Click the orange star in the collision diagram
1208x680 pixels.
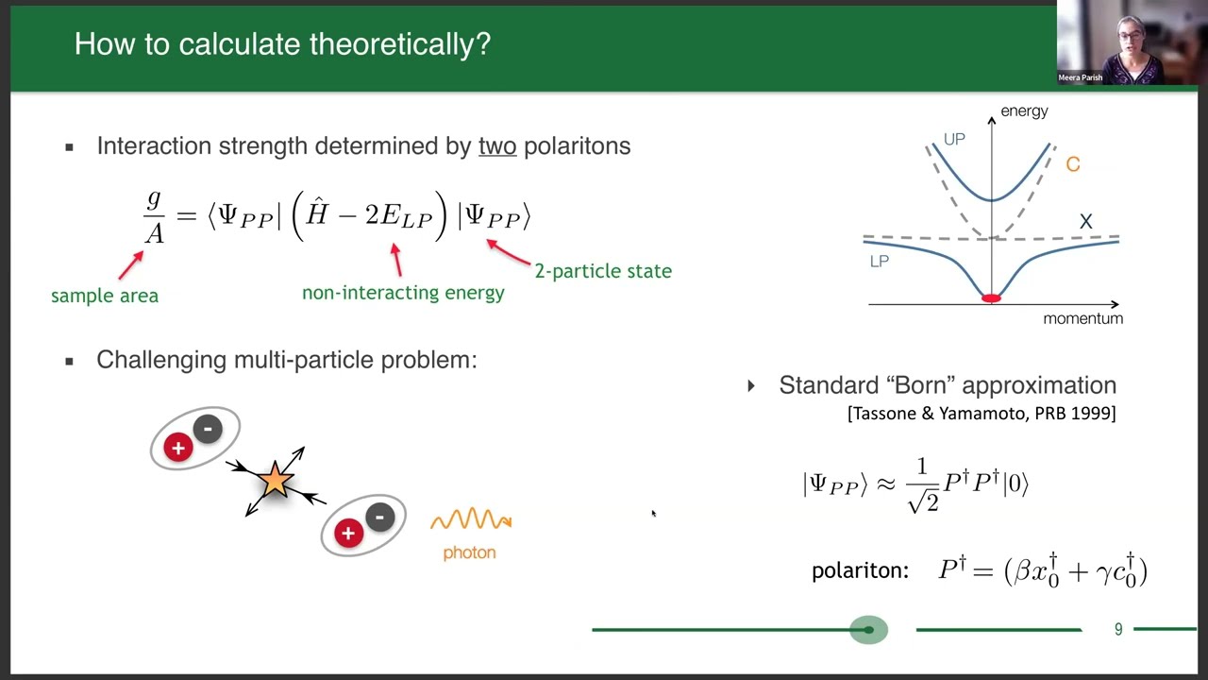pyautogui.click(x=275, y=481)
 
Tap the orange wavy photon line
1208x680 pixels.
pyautogui.click(x=471, y=519)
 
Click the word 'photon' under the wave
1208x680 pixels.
pyautogui.click(x=469, y=552)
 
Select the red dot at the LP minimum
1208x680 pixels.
pyautogui.click(x=991, y=298)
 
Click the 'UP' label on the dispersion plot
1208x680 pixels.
pyautogui.click(x=954, y=140)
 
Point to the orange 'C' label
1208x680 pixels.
pyautogui.click(x=1072, y=164)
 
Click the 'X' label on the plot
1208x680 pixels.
pyautogui.click(x=1085, y=221)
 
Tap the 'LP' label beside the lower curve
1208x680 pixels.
pyautogui.click(x=879, y=262)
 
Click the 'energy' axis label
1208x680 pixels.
pyautogui.click(x=1024, y=111)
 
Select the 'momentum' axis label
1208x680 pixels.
pyautogui.click(x=1082, y=319)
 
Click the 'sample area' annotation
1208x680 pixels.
pyautogui.click(x=105, y=296)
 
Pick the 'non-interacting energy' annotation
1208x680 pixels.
pyautogui.click(x=403, y=293)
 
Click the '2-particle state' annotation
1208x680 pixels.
pyautogui.click(x=603, y=271)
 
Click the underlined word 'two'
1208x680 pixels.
pyautogui.click(x=497, y=146)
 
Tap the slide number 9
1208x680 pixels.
pyautogui.click(x=1118, y=629)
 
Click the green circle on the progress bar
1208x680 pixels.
pyautogui.click(x=868, y=629)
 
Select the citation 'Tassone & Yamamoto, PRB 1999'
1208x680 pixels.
pyautogui.click(x=981, y=414)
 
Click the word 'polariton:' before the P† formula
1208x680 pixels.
pyautogui.click(x=859, y=571)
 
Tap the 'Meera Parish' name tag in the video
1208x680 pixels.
pyautogui.click(x=1080, y=77)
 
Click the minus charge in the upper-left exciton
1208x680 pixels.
pyautogui.click(x=208, y=429)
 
